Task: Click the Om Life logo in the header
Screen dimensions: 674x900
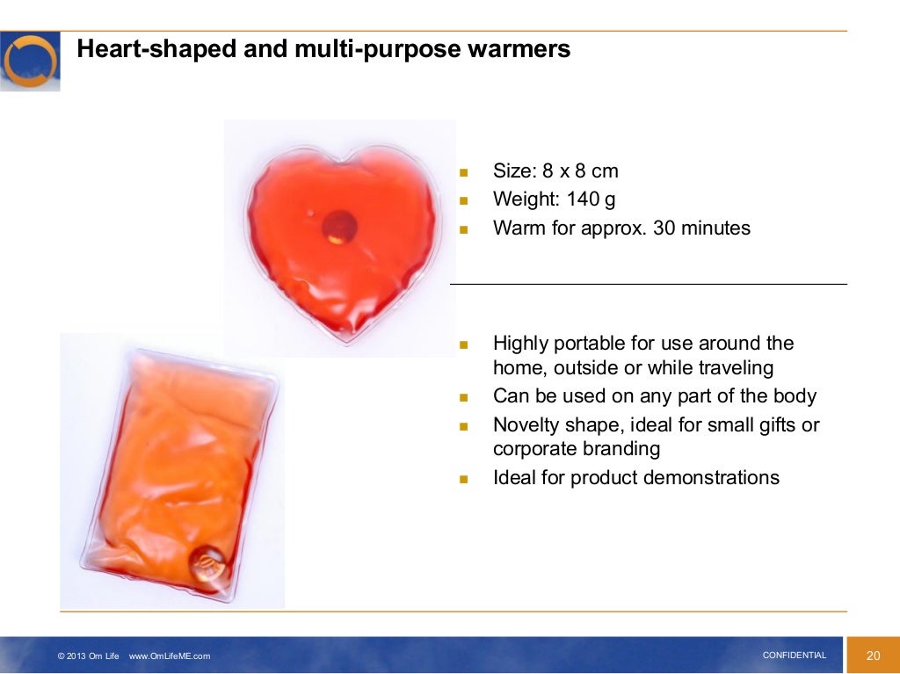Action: tap(30, 62)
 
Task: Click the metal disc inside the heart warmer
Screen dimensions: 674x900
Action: tap(338, 227)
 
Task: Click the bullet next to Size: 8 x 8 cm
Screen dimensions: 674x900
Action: tap(465, 171)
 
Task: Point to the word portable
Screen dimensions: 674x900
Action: tap(581, 344)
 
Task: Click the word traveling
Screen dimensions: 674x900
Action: tap(729, 368)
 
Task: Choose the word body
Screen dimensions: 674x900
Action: tap(795, 396)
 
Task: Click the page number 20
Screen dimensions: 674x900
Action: tap(873, 656)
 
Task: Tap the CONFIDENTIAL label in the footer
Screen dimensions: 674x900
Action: tap(795, 656)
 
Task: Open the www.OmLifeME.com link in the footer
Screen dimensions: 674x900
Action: tap(170, 656)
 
